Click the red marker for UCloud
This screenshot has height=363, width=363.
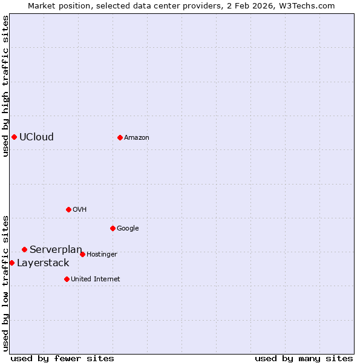point(14,137)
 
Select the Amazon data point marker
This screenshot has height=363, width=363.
point(120,137)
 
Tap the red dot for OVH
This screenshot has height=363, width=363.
point(68,209)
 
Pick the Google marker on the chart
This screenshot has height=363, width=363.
point(113,228)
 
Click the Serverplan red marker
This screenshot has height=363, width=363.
point(24,249)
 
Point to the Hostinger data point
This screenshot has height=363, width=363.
point(82,254)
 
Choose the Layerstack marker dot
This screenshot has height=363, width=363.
point(11,263)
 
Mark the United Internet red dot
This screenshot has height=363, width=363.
point(67,279)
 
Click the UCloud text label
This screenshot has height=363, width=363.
point(36,137)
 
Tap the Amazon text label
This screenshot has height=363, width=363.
point(137,138)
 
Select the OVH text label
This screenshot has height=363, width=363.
point(80,210)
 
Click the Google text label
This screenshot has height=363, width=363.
point(128,229)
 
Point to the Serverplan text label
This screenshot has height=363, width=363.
point(56,249)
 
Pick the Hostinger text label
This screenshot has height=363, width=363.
point(102,255)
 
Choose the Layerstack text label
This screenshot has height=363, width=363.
point(43,263)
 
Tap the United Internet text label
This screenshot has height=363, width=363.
point(96,280)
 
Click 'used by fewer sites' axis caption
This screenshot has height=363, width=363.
point(62,358)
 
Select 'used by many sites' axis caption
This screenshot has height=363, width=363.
point(304,358)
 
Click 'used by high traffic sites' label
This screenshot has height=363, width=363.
point(5,86)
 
